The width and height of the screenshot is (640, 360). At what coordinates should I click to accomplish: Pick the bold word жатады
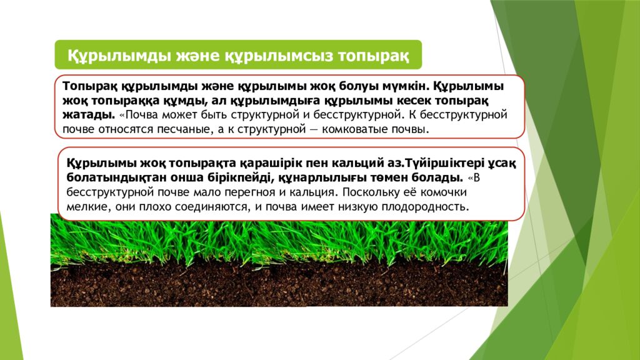tap(88, 115)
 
